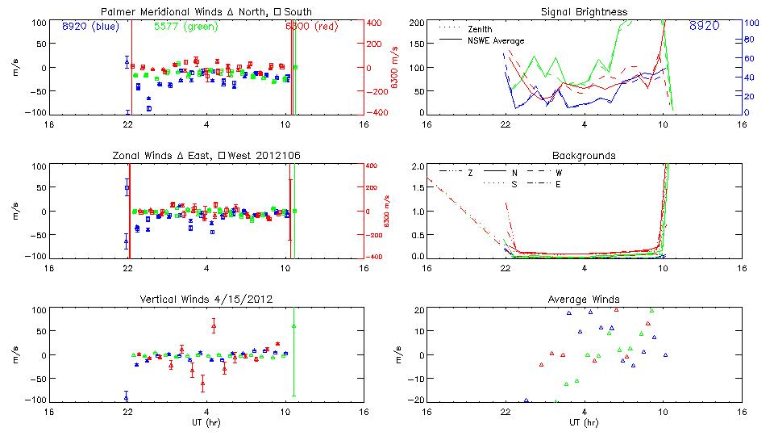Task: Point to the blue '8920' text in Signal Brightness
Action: tap(705, 26)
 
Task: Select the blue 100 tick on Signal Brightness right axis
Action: tap(748, 23)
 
